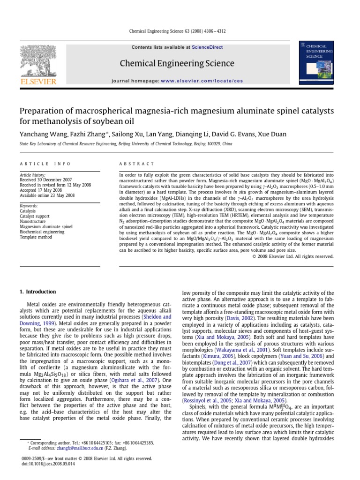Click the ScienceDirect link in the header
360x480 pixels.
pos(207,47)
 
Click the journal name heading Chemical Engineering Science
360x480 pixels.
pos(177,63)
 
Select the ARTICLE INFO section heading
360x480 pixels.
pos(45,164)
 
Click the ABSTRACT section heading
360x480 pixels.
pos(137,164)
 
